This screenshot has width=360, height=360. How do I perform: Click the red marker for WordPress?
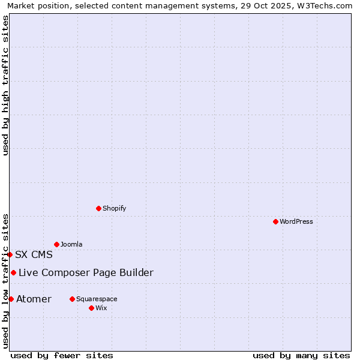(x=275, y=221)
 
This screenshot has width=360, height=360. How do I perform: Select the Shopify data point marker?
(x=98, y=208)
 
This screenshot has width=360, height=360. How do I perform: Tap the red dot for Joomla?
(x=56, y=244)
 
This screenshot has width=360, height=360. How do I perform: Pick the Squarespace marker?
(x=72, y=299)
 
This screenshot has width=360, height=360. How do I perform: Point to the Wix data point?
(x=91, y=308)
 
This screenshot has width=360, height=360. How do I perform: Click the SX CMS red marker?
(x=10, y=254)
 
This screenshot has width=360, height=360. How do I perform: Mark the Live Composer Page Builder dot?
(x=13, y=272)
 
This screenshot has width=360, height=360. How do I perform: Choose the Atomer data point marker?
(x=11, y=299)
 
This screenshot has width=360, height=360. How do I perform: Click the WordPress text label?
(x=296, y=221)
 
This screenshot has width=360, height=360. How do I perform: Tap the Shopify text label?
(x=114, y=208)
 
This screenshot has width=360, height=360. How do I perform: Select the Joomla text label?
(x=71, y=244)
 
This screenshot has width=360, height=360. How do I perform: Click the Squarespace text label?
(x=97, y=299)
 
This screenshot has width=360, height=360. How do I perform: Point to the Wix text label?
(x=101, y=308)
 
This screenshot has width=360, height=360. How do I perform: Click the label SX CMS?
(x=34, y=254)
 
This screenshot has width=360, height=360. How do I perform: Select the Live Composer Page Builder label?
(x=86, y=273)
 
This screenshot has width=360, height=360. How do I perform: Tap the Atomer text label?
(x=34, y=299)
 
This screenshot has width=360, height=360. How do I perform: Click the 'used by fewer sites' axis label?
(x=62, y=355)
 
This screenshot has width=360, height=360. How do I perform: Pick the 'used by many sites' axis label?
(x=301, y=355)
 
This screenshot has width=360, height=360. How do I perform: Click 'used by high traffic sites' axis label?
(x=5, y=85)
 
